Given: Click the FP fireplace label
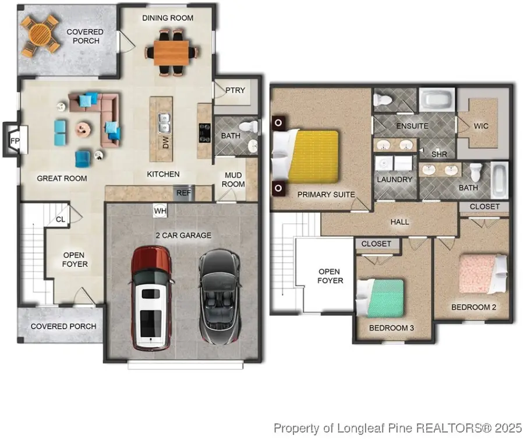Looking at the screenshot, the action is pyautogui.click(x=15, y=141).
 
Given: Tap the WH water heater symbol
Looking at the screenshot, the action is pyautogui.click(x=160, y=211).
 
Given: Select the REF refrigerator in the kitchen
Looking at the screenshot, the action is pyautogui.click(x=183, y=193).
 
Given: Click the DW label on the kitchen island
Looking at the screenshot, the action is pyautogui.click(x=166, y=142).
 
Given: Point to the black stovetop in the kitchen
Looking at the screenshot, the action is pyautogui.click(x=205, y=133).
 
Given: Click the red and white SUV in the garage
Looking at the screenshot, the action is pyautogui.click(x=153, y=298).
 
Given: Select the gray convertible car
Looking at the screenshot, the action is pyautogui.click(x=219, y=297).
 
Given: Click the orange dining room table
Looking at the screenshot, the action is pyautogui.click(x=171, y=53).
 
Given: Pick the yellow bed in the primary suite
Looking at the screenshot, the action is pyautogui.click(x=313, y=156).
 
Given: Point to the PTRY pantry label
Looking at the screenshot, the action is pyautogui.click(x=235, y=90).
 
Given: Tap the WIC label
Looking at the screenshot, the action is pyautogui.click(x=481, y=126).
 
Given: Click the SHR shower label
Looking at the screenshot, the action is pyautogui.click(x=439, y=154).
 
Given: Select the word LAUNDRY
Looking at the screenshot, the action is pyautogui.click(x=395, y=179).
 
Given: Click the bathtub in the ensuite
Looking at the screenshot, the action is pyautogui.click(x=437, y=100).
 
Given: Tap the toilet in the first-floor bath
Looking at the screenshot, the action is pyautogui.click(x=249, y=126).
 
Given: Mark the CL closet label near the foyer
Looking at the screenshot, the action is pyautogui.click(x=61, y=220).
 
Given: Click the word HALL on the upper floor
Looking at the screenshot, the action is pyautogui.click(x=399, y=222).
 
